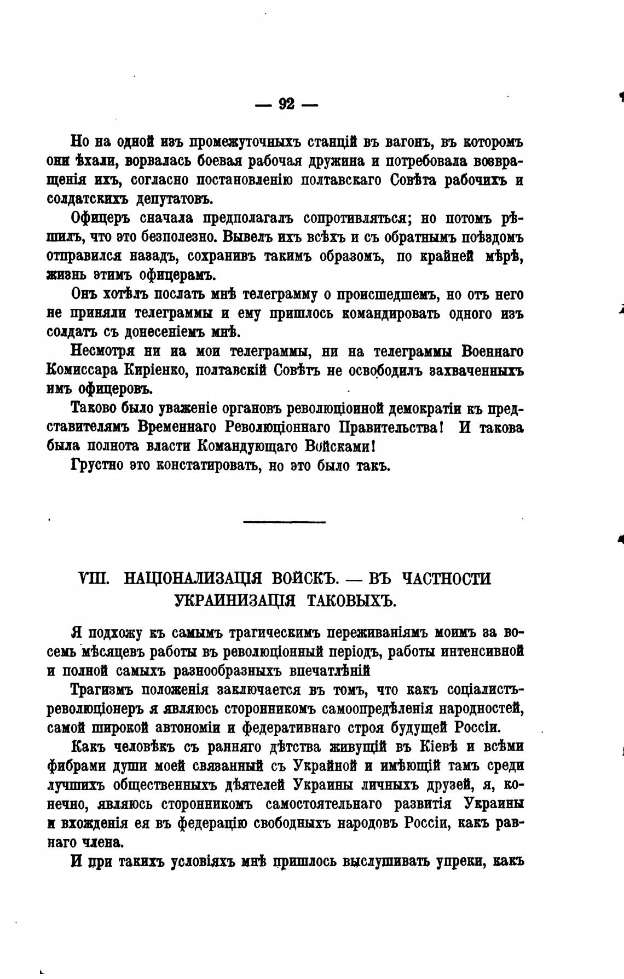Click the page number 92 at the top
(x=286, y=103)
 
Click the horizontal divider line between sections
(x=284, y=522)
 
